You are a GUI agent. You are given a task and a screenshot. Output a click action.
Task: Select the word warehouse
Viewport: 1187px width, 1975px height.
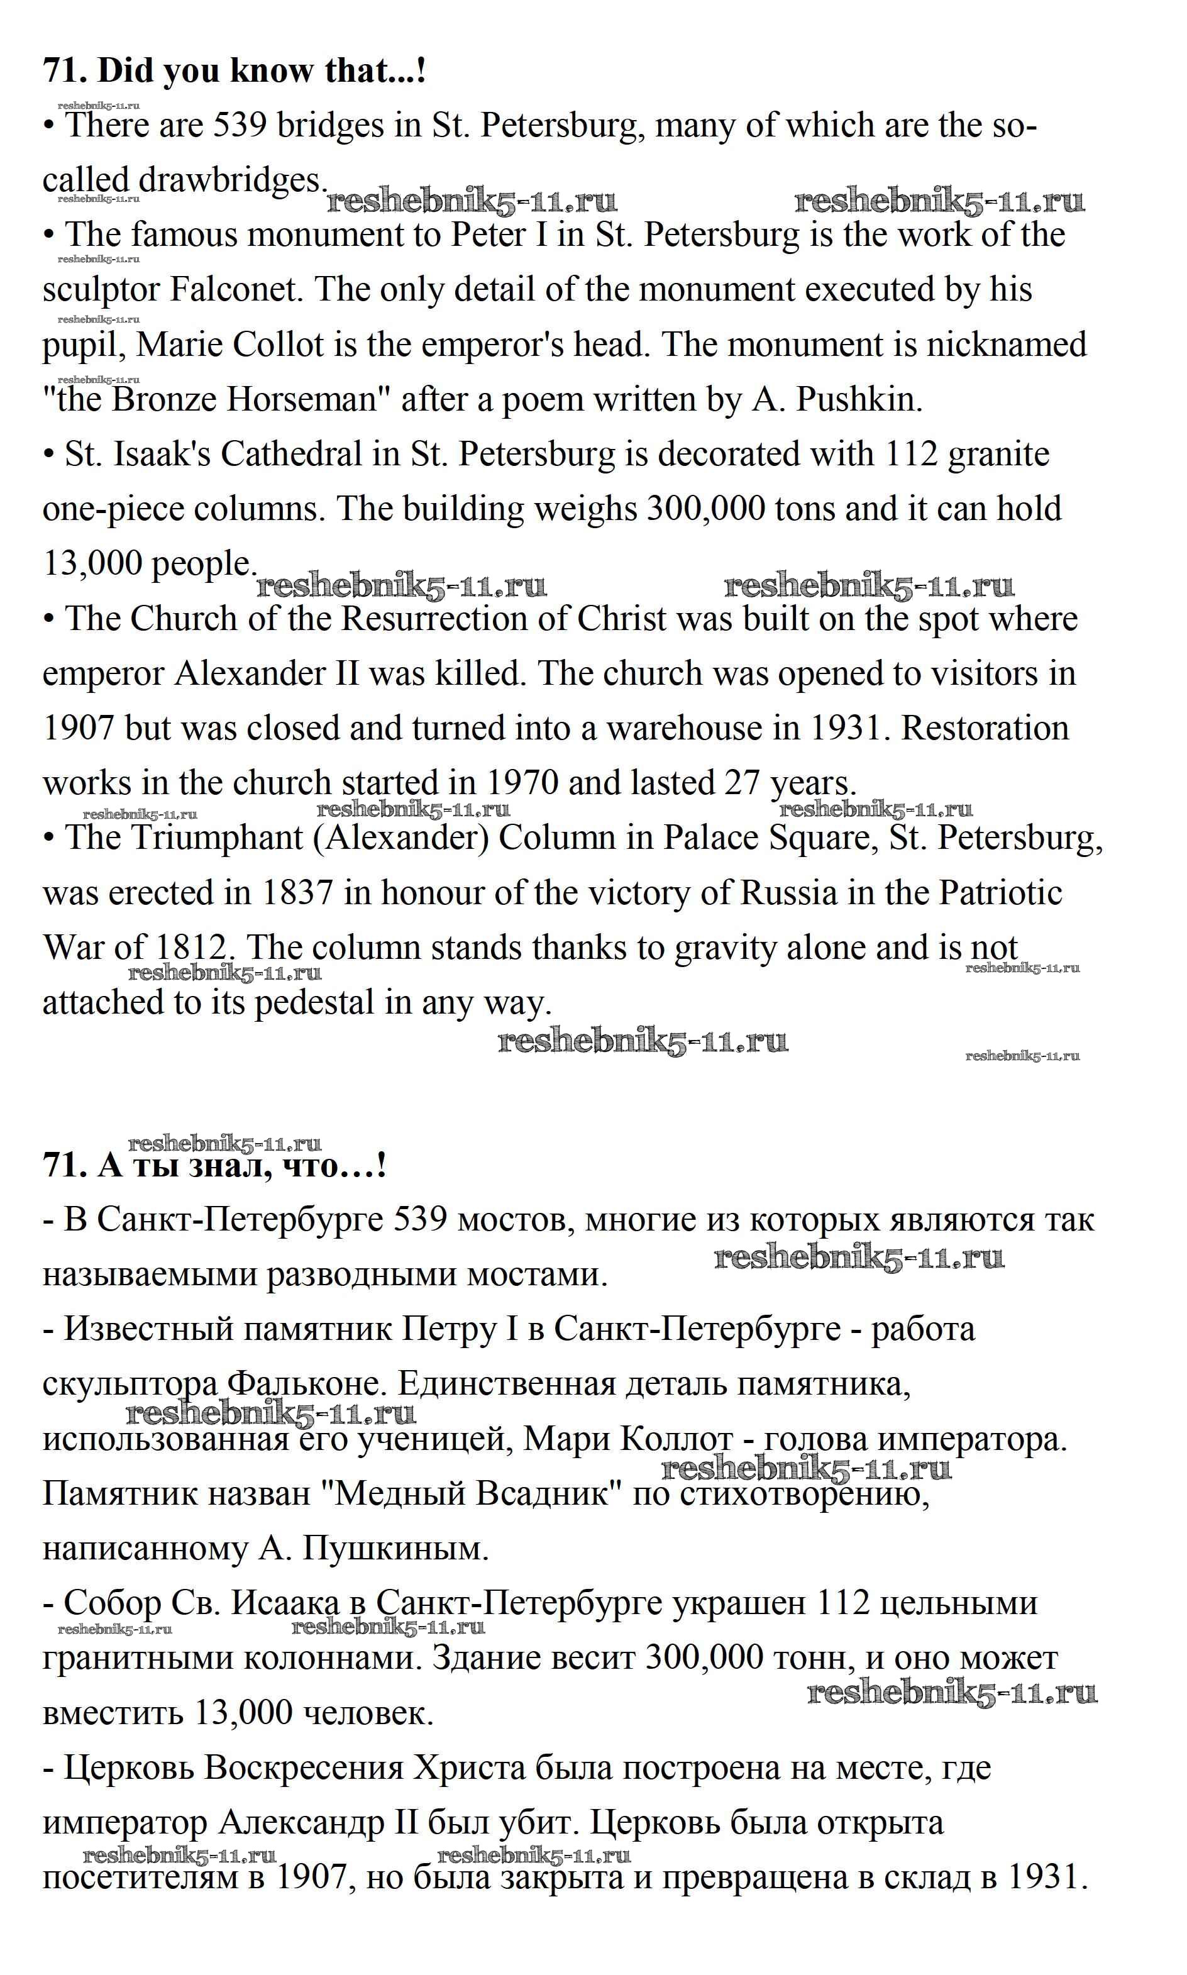(x=684, y=729)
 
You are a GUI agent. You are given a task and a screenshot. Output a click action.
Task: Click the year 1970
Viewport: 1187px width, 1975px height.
(x=521, y=783)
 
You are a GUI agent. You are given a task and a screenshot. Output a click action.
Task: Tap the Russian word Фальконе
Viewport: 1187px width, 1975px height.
(x=301, y=1384)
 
